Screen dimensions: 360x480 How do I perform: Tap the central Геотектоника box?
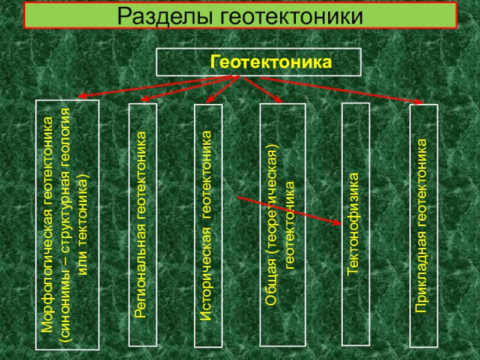click(x=259, y=62)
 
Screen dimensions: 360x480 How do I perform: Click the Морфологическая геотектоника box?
click(x=67, y=224)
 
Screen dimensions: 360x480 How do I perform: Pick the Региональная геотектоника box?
click(x=143, y=226)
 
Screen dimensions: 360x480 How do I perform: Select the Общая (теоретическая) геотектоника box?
click(x=282, y=225)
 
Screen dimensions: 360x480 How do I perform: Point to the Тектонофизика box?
click(x=354, y=225)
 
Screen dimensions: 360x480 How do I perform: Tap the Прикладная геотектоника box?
click(x=424, y=226)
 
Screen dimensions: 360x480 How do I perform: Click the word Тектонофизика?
click(x=354, y=225)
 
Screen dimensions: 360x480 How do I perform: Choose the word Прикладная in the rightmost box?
click(x=423, y=282)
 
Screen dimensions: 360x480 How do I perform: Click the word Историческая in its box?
click(x=207, y=283)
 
